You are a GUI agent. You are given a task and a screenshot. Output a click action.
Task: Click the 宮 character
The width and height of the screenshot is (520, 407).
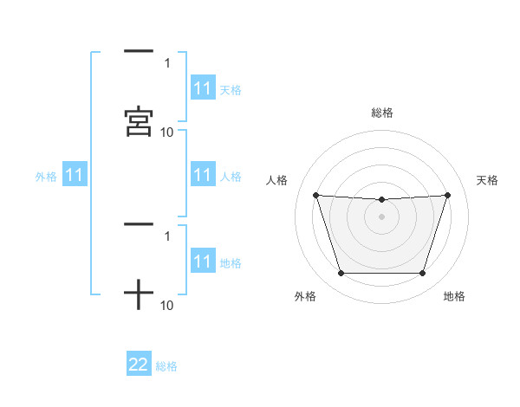pos(139,122)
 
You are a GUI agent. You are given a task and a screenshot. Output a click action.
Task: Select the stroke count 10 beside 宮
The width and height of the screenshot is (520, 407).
pos(167,132)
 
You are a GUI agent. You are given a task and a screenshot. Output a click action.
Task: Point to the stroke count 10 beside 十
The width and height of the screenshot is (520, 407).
pos(167,306)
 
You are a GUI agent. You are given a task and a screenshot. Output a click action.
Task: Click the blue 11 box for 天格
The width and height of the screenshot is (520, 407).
pos(203,88)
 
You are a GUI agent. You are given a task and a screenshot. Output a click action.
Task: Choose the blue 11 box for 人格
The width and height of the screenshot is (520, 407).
pos(203,176)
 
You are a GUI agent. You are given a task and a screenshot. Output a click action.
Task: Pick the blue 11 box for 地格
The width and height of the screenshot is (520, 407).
pos(203,262)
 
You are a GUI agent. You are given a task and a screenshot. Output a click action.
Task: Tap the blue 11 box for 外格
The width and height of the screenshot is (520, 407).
pos(75,176)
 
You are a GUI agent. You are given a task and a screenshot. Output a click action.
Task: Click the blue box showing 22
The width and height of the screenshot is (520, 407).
pos(139,365)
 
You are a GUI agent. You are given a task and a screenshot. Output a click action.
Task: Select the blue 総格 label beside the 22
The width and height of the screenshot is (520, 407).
pos(166,366)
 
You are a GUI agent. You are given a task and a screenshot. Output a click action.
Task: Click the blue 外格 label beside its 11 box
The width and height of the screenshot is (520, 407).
pos(46,177)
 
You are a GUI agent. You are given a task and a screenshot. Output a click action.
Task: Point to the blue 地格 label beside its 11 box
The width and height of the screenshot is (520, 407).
pos(231,262)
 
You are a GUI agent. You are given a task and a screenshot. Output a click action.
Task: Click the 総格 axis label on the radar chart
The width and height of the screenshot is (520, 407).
pos(382,113)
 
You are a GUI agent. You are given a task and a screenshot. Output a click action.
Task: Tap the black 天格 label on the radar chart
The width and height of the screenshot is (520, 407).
pos(487,180)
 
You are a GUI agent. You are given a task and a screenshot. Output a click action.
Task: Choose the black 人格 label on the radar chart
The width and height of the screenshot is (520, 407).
pos(277,180)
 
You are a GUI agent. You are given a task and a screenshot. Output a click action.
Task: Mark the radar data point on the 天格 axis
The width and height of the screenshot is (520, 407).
pos(448,195)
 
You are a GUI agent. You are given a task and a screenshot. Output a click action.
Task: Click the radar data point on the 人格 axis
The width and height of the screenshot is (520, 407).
pos(315,195)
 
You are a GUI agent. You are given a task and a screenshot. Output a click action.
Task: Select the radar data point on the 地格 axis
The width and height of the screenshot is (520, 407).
pos(423,274)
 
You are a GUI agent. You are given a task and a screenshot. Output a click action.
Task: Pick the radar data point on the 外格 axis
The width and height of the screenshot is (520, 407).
pos(341,274)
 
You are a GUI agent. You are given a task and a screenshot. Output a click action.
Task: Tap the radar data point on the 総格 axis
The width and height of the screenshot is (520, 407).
pos(382,200)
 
